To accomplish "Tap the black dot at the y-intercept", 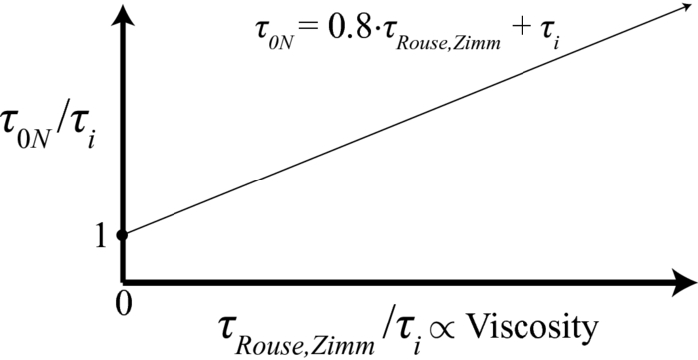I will pos(123,235).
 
